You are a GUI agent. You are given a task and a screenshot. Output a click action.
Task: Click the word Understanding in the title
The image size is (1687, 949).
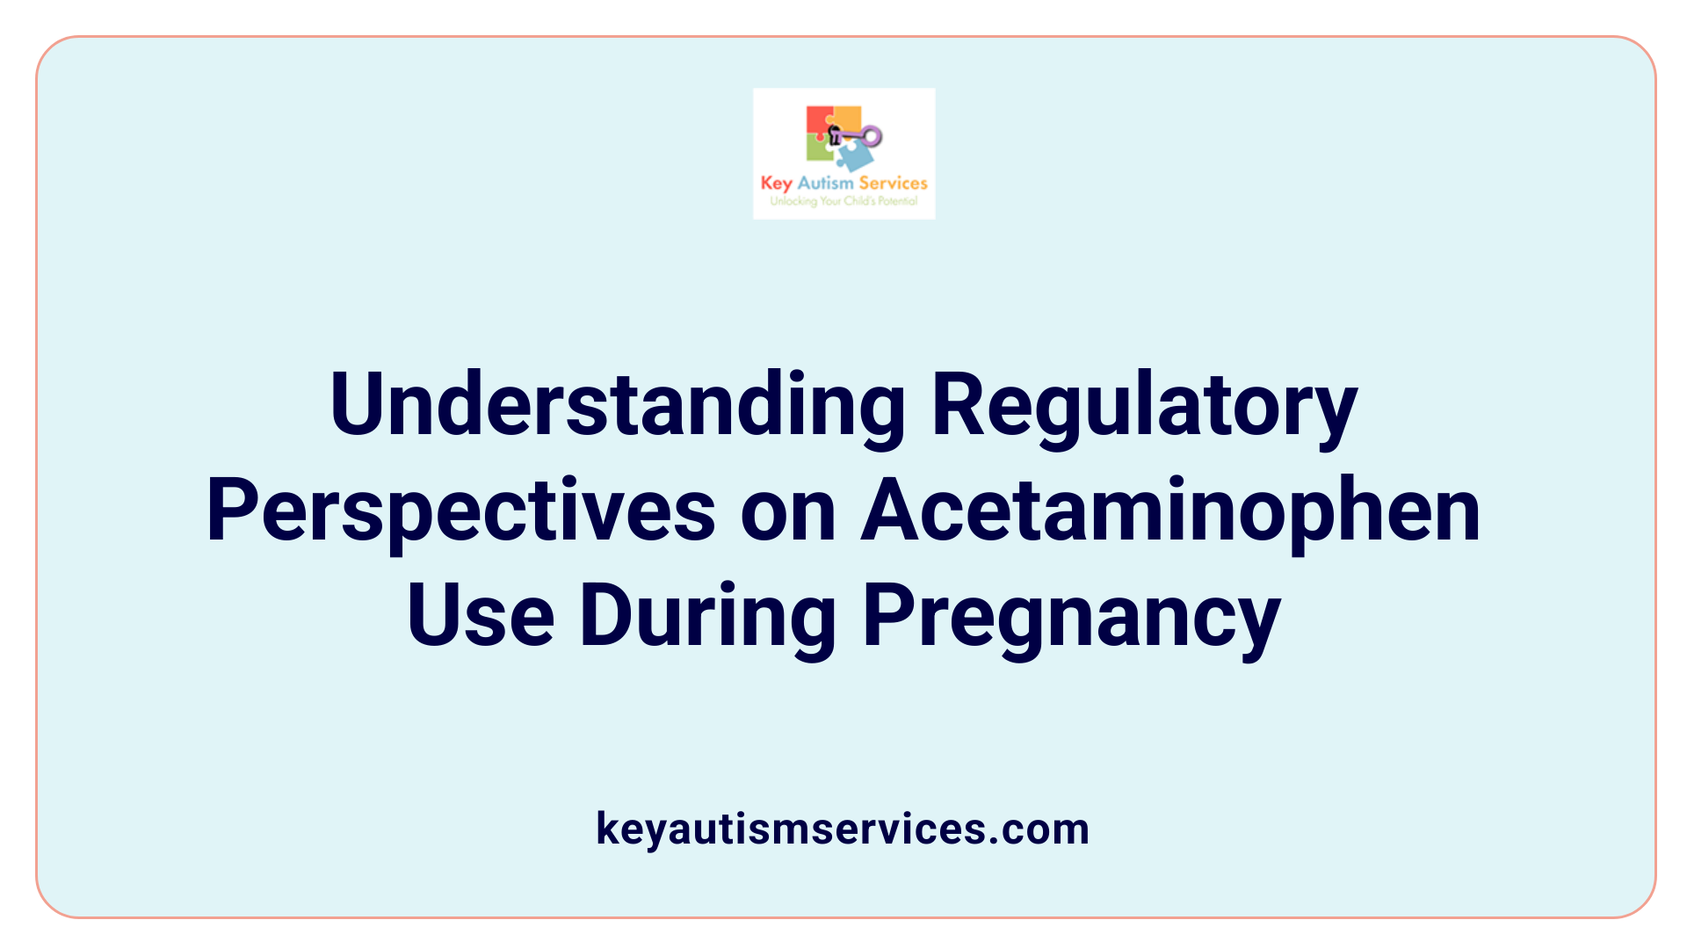tap(617, 404)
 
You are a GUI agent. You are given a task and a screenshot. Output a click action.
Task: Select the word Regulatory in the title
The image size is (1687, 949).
tap(1144, 406)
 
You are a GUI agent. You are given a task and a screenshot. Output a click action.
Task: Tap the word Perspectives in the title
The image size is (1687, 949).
tap(460, 511)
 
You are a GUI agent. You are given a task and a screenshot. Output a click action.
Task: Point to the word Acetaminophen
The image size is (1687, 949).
tap(1170, 510)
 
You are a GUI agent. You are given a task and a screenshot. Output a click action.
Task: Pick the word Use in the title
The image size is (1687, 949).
tap(480, 615)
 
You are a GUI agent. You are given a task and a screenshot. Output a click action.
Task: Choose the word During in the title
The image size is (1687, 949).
tap(707, 615)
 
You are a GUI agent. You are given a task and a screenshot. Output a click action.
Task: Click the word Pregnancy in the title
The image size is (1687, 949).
tap(1071, 617)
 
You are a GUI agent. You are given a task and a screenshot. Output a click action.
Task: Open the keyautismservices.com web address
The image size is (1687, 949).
tap(843, 829)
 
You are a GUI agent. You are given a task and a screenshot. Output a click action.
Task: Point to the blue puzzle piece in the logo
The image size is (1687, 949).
tap(854, 156)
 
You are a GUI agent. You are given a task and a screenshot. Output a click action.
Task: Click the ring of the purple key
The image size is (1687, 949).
tap(872, 135)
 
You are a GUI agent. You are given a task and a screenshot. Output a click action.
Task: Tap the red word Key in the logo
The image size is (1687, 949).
tap(776, 183)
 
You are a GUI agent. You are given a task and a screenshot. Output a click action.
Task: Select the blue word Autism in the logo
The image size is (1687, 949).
tap(825, 183)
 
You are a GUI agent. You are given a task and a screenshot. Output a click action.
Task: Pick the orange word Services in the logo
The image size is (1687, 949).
tap(893, 183)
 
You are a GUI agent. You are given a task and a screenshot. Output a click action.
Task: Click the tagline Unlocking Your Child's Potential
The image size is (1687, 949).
tap(843, 201)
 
